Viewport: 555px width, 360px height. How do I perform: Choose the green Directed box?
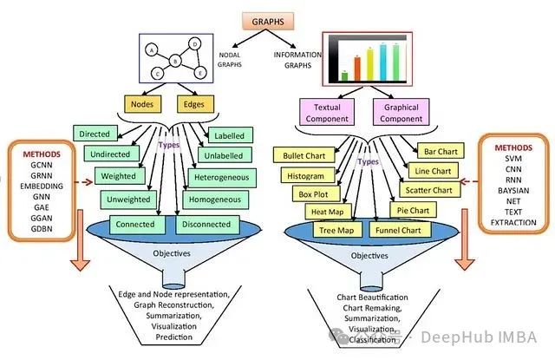click(x=95, y=134)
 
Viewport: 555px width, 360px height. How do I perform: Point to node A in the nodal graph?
click(x=153, y=49)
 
